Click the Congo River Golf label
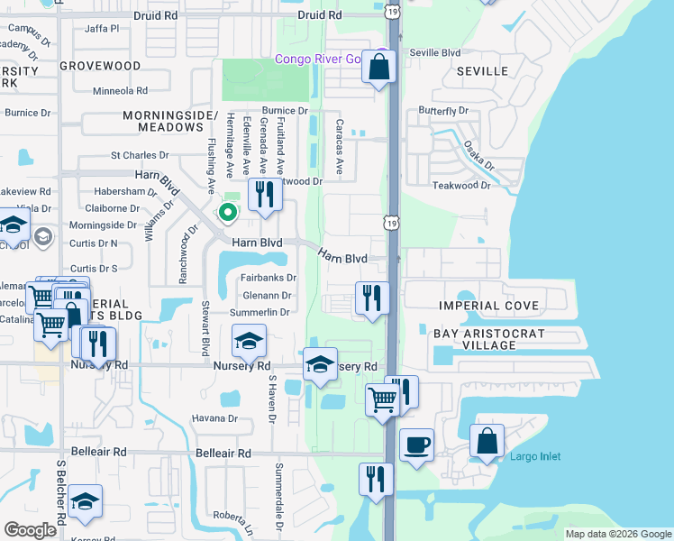tap(330, 60)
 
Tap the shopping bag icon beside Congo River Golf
tap(379, 66)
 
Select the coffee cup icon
tap(416, 445)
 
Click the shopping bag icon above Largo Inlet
tap(487, 441)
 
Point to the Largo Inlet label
tap(535, 457)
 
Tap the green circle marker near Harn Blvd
tap(228, 213)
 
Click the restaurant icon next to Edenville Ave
tap(264, 194)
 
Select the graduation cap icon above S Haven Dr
tap(249, 341)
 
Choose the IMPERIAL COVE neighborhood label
tap(489, 306)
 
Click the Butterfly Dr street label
tap(443, 111)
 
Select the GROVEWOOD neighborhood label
tap(100, 66)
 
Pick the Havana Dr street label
tap(214, 418)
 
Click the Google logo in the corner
tap(31, 530)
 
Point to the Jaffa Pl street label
tap(101, 29)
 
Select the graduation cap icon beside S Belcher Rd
tap(85, 501)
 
